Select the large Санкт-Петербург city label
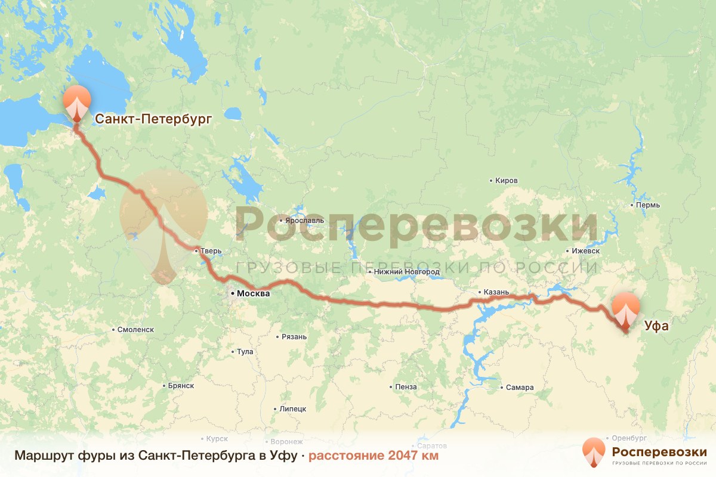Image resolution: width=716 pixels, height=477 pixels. [154, 119]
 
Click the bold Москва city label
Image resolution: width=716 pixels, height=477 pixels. [253, 293]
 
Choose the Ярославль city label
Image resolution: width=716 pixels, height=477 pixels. [304, 220]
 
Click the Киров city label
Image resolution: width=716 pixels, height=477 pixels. [507, 181]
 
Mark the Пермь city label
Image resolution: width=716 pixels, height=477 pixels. [648, 205]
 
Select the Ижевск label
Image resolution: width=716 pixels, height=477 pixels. [585, 251]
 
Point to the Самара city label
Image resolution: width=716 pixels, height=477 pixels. [519, 388]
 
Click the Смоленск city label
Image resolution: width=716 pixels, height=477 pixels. [136, 329]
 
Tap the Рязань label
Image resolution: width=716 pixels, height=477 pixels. [294, 337]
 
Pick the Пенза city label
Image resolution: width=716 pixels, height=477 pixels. [406, 387]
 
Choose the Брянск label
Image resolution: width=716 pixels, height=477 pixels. [181, 386]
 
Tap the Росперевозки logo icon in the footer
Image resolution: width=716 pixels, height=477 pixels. [594, 452]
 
